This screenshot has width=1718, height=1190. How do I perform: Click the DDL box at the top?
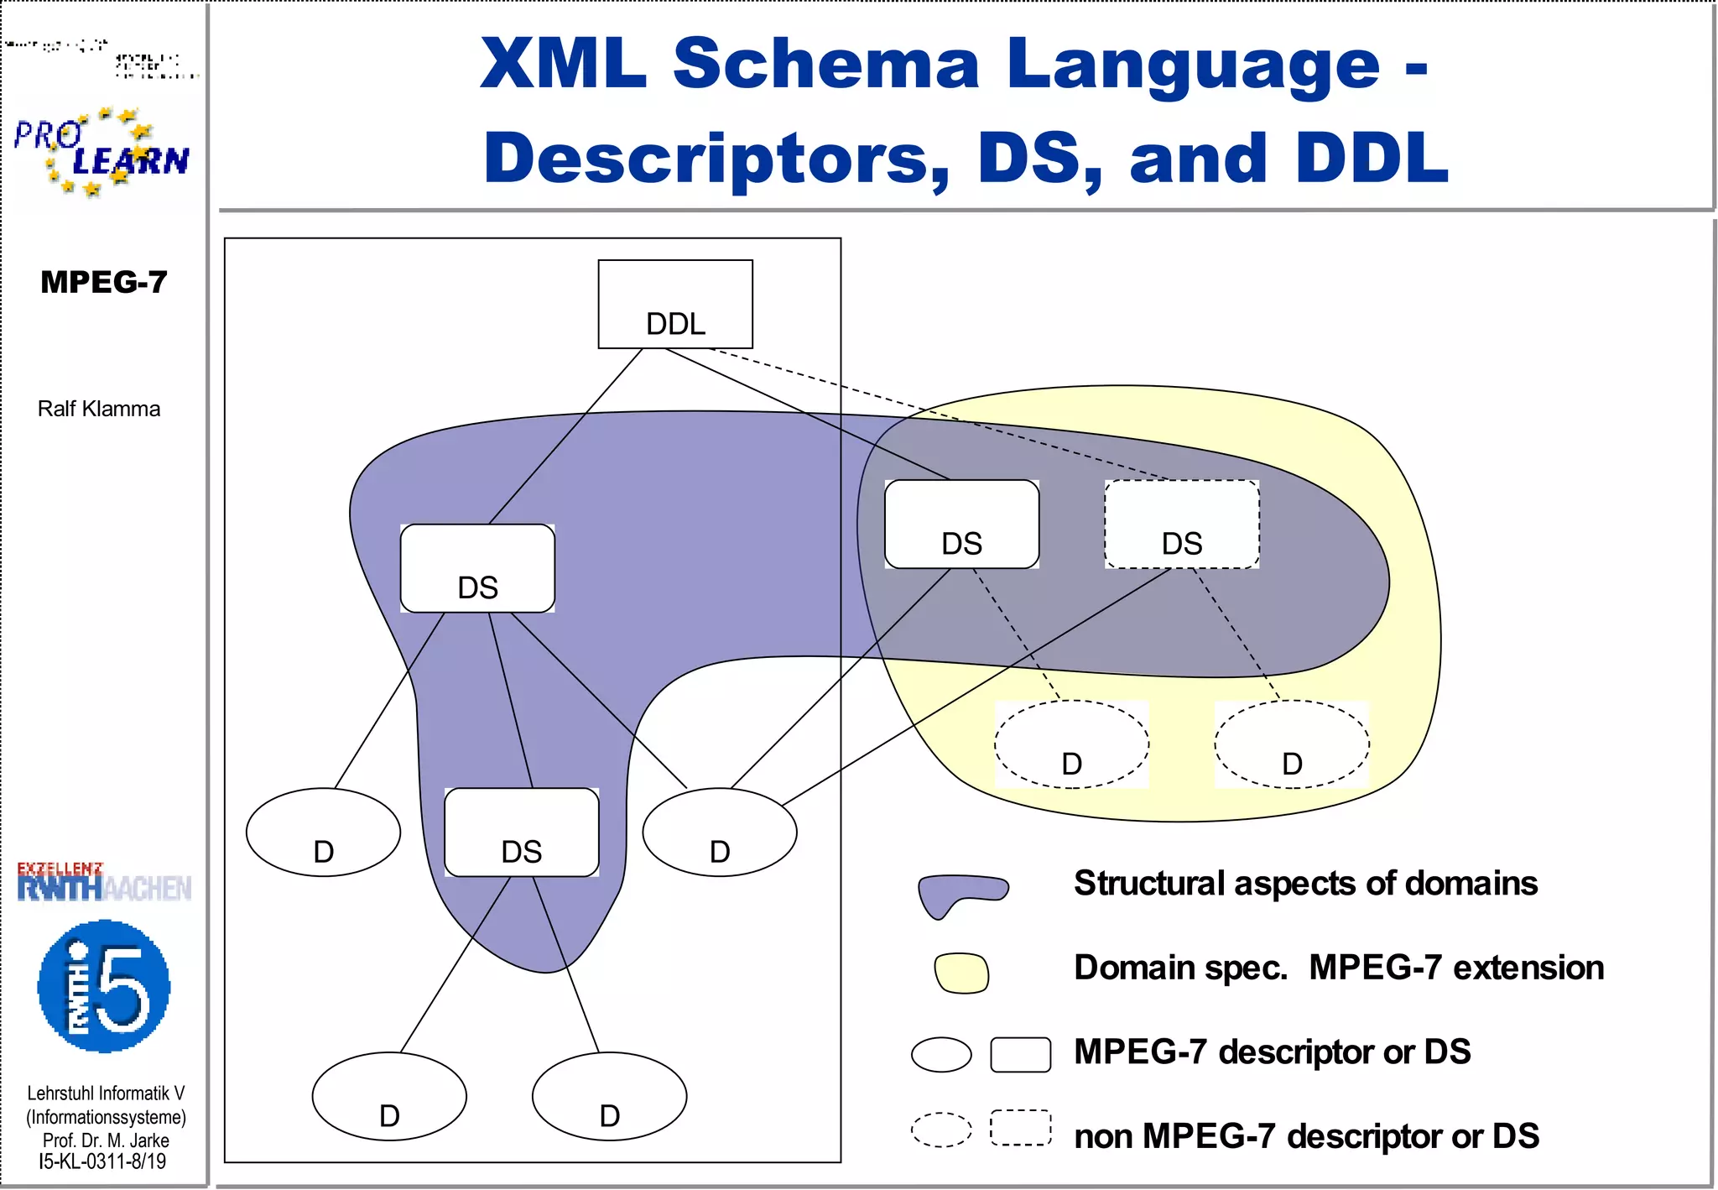(675, 304)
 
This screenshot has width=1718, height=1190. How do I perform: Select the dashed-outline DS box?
(1181, 525)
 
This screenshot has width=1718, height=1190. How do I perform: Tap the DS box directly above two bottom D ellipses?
(521, 832)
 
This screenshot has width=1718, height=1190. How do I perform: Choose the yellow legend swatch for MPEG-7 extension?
(961, 973)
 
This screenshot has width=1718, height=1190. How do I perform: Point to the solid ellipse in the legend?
(941, 1054)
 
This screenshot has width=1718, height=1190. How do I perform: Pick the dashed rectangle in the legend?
(1020, 1127)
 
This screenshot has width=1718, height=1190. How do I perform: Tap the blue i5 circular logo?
(104, 986)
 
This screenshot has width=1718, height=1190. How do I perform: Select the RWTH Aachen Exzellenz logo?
(104, 882)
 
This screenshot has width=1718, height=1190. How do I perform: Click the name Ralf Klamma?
(99, 409)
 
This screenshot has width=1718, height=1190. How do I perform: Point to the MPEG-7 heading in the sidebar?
(104, 282)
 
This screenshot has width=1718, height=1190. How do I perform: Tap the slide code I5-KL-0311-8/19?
(102, 1161)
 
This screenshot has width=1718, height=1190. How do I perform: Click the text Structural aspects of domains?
(1305, 883)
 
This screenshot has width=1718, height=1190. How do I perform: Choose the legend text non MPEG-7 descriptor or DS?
(1306, 1135)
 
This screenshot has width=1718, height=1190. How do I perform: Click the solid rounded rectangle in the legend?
(1020, 1054)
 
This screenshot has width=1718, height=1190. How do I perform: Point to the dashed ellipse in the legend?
(941, 1129)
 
